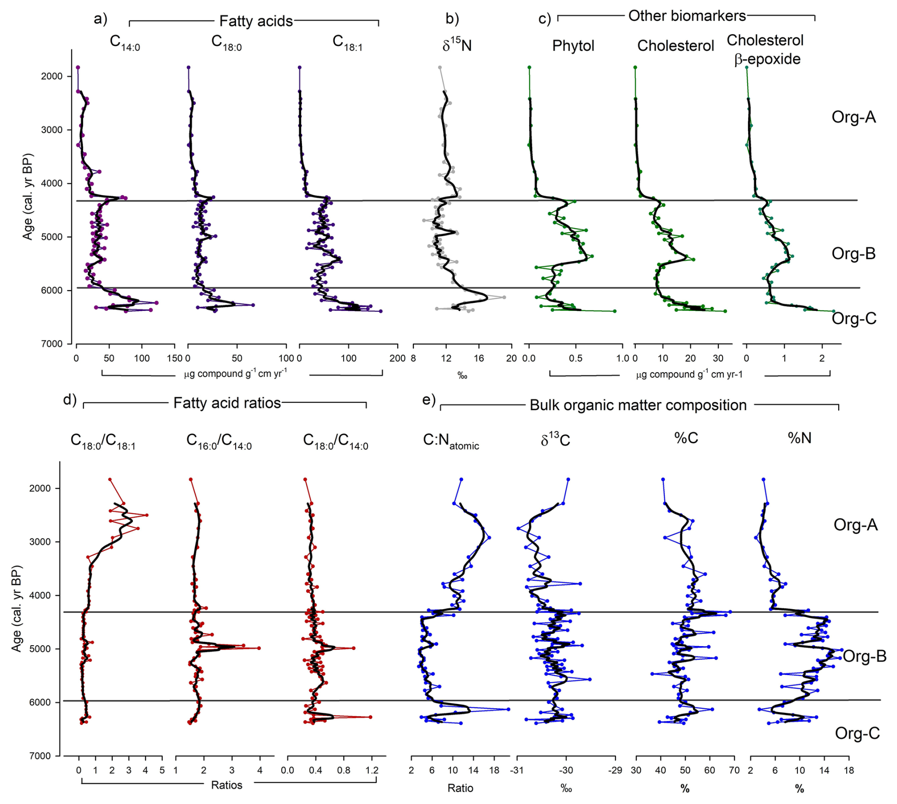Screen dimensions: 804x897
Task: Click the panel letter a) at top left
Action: point(101,19)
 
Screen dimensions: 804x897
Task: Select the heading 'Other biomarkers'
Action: point(687,16)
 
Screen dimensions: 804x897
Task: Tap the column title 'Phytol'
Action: point(573,46)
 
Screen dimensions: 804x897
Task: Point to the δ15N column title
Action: point(457,45)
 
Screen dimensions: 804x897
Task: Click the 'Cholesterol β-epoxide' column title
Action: point(765,49)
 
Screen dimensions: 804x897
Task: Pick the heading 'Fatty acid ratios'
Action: point(227,403)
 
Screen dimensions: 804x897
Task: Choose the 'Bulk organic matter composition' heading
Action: point(638,405)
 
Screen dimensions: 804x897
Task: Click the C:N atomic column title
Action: point(451,441)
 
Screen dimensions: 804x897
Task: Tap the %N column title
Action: point(799,438)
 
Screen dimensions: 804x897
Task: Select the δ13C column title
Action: point(555,440)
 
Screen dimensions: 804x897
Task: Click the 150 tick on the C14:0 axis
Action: point(175,358)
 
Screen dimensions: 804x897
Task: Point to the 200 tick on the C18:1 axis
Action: point(397,358)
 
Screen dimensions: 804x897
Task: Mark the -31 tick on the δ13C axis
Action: point(517,770)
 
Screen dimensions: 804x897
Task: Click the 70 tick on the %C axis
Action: point(734,770)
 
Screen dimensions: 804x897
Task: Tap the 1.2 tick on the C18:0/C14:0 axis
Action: point(372,770)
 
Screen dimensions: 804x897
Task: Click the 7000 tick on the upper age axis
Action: point(53,344)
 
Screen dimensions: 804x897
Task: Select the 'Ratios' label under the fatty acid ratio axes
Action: point(227,785)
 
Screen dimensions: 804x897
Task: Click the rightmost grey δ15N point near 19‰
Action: point(504,297)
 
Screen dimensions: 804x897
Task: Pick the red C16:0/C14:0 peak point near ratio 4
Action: point(259,648)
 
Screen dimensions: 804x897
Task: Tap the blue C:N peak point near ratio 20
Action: point(508,709)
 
